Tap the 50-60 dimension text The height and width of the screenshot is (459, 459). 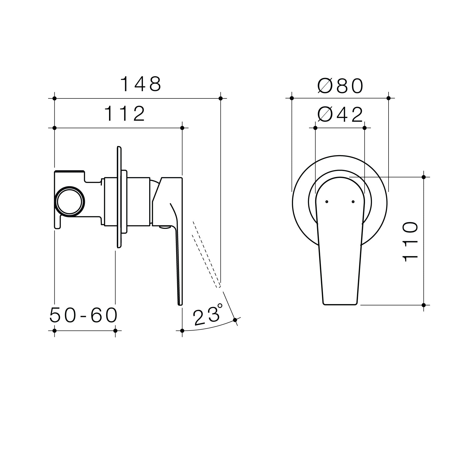[83, 315]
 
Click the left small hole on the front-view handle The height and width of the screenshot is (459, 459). [327, 202]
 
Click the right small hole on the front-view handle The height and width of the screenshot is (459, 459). [353, 202]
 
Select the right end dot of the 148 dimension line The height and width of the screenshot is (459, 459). [221, 98]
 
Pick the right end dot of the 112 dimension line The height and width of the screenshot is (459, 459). [182, 128]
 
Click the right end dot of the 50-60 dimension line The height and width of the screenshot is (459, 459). [116, 331]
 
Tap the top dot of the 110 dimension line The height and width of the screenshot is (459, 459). [424, 177]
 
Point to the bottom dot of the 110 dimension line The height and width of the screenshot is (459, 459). [424, 305]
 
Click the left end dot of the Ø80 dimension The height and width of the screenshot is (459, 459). [292, 98]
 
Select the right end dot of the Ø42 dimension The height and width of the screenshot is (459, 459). [365, 128]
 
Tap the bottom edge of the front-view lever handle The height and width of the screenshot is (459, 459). [340, 304]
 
